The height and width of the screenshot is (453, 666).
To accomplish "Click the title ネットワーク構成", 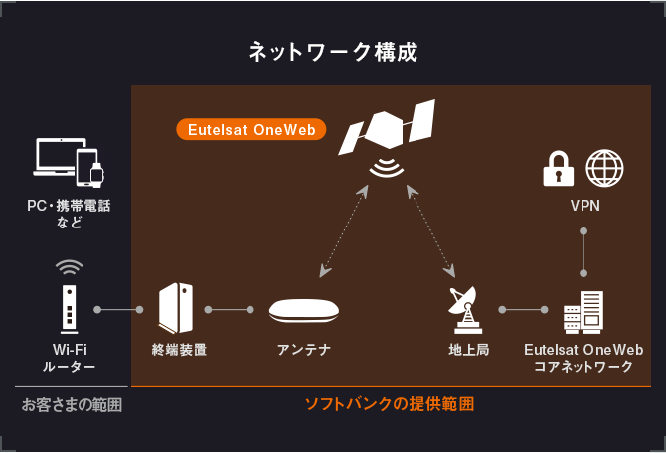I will pyautogui.click(x=333, y=52).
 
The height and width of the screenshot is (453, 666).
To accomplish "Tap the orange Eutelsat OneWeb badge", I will pyautogui.click(x=251, y=130).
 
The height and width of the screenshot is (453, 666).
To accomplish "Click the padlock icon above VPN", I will pyautogui.click(x=558, y=170).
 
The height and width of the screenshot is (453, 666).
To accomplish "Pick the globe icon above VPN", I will pyautogui.click(x=604, y=169).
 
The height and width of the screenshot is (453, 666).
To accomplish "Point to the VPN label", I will pyautogui.click(x=583, y=207).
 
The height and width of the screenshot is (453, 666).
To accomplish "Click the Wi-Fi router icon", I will pyautogui.click(x=69, y=307).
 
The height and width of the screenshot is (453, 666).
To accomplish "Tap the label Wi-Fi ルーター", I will pyautogui.click(x=69, y=359).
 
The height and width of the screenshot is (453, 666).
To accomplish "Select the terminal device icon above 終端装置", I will pyautogui.click(x=176, y=308).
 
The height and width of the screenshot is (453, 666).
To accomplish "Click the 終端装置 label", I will pyautogui.click(x=179, y=350).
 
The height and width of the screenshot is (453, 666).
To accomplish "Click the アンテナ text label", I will pyautogui.click(x=304, y=350).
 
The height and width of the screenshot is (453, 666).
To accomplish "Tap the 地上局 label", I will pyautogui.click(x=468, y=350).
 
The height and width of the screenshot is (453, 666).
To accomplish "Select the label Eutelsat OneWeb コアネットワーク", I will pyautogui.click(x=583, y=359).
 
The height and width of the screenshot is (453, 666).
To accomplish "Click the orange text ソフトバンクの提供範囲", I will pyautogui.click(x=389, y=404).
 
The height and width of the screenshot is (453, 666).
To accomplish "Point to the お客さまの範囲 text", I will pyautogui.click(x=72, y=404).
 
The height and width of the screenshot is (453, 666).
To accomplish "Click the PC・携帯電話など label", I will pyautogui.click(x=69, y=214).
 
